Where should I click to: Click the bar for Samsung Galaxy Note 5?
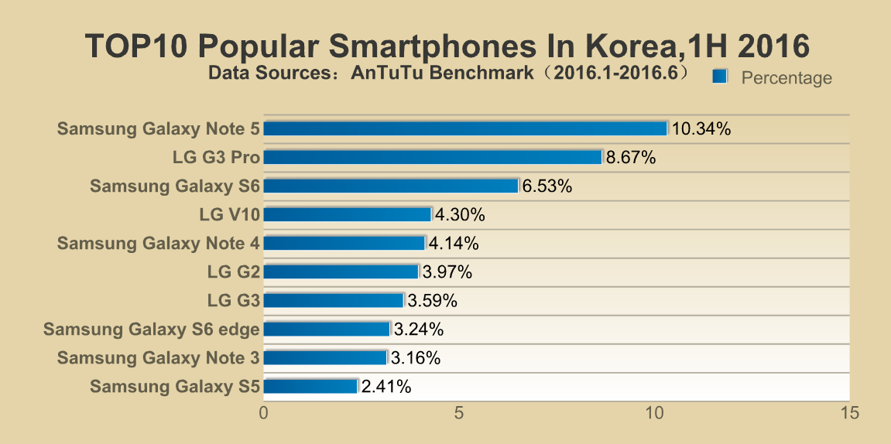465,128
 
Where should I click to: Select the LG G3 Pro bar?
433,157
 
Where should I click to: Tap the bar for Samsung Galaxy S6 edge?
327,330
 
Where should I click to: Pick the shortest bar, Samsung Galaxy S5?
310,386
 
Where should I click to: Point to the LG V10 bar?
348,214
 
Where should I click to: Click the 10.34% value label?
701,129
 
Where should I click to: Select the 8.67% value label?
631,158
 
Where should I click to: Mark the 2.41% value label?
386,387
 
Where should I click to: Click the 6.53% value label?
547,186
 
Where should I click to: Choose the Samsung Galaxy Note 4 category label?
158,244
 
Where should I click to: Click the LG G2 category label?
233,272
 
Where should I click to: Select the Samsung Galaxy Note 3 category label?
158,358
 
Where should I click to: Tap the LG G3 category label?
233,301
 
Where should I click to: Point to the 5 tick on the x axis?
459,414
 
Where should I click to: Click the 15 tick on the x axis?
849,414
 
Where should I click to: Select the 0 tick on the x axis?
265,414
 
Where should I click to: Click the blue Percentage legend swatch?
720,76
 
